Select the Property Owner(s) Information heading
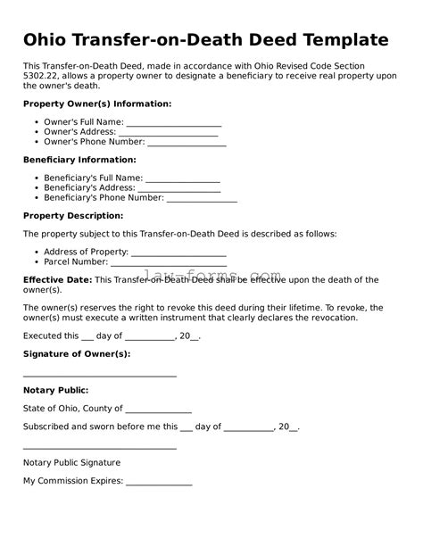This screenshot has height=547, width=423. (x=97, y=104)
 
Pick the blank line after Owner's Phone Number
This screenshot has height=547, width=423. (x=187, y=143)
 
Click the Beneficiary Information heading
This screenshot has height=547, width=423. (x=79, y=160)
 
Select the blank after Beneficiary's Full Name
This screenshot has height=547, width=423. (x=182, y=179)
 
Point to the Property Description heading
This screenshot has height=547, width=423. (x=73, y=216)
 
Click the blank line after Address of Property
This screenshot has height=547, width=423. (x=178, y=253)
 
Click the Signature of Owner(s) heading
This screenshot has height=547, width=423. (x=77, y=353)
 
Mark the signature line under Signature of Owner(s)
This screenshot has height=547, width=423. (x=99, y=376)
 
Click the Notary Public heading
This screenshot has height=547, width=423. (x=55, y=390)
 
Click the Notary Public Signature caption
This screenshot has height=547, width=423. (x=71, y=463)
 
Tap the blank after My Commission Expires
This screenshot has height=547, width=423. (x=159, y=482)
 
